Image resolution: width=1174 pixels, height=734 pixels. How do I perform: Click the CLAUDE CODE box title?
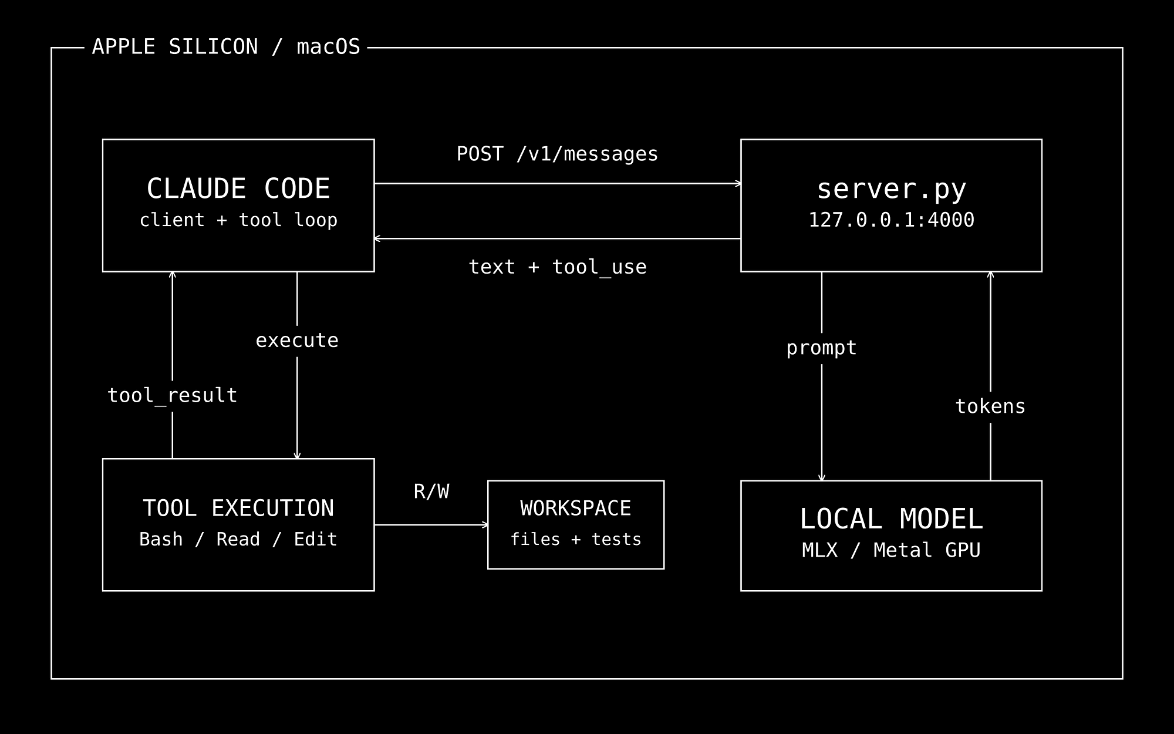tap(238, 188)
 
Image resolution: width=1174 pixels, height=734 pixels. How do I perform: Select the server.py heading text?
tap(891, 189)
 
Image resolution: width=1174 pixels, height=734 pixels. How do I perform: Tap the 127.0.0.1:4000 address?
tap(891, 220)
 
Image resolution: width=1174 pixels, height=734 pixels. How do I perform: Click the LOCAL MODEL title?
tap(891, 519)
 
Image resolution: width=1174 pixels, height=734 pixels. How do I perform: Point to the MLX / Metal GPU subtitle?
tap(891, 550)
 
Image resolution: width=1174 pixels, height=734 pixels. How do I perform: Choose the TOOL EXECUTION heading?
tap(238, 508)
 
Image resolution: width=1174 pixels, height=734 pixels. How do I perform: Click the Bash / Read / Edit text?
tap(238, 539)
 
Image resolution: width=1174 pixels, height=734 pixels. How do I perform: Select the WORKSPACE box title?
tap(576, 508)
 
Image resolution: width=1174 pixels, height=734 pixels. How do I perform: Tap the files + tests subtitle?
tap(576, 539)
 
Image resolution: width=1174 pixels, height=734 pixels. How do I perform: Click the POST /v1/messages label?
tap(557, 154)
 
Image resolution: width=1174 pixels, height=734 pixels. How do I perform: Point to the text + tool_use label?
tap(557, 267)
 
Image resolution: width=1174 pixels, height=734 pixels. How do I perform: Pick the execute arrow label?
tap(297, 341)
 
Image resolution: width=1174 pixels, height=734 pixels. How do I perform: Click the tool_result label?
tap(172, 395)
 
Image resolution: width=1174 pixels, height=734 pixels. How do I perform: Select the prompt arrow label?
tap(821, 348)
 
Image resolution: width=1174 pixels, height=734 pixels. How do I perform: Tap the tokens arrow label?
tap(990, 406)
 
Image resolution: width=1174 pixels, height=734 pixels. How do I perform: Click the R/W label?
tap(431, 491)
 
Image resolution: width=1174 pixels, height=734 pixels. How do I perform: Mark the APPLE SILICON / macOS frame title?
tap(226, 47)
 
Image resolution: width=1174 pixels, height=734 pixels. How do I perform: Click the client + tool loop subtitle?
tap(238, 220)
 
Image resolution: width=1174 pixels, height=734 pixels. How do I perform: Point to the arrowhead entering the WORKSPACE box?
tap(485, 525)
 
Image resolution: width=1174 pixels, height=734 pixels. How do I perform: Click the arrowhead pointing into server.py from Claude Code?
tap(738, 184)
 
